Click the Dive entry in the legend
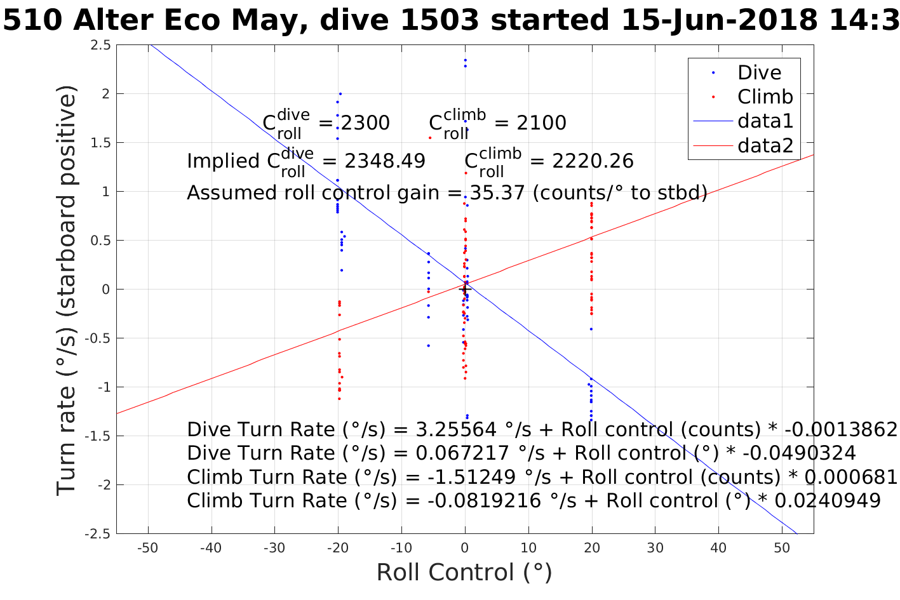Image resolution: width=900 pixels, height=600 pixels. point(759,72)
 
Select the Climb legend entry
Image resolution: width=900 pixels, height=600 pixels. point(765,97)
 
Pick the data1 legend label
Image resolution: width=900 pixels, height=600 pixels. point(765,121)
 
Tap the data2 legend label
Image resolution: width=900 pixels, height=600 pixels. point(765,145)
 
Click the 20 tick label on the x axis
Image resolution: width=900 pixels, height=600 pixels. point(592,548)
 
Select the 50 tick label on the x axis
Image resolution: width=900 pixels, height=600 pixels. point(782,548)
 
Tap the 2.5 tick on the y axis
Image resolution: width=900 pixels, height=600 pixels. point(100,45)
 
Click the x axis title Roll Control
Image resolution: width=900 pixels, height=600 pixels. point(464,573)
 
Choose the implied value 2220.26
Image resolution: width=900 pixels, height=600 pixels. point(592,161)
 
